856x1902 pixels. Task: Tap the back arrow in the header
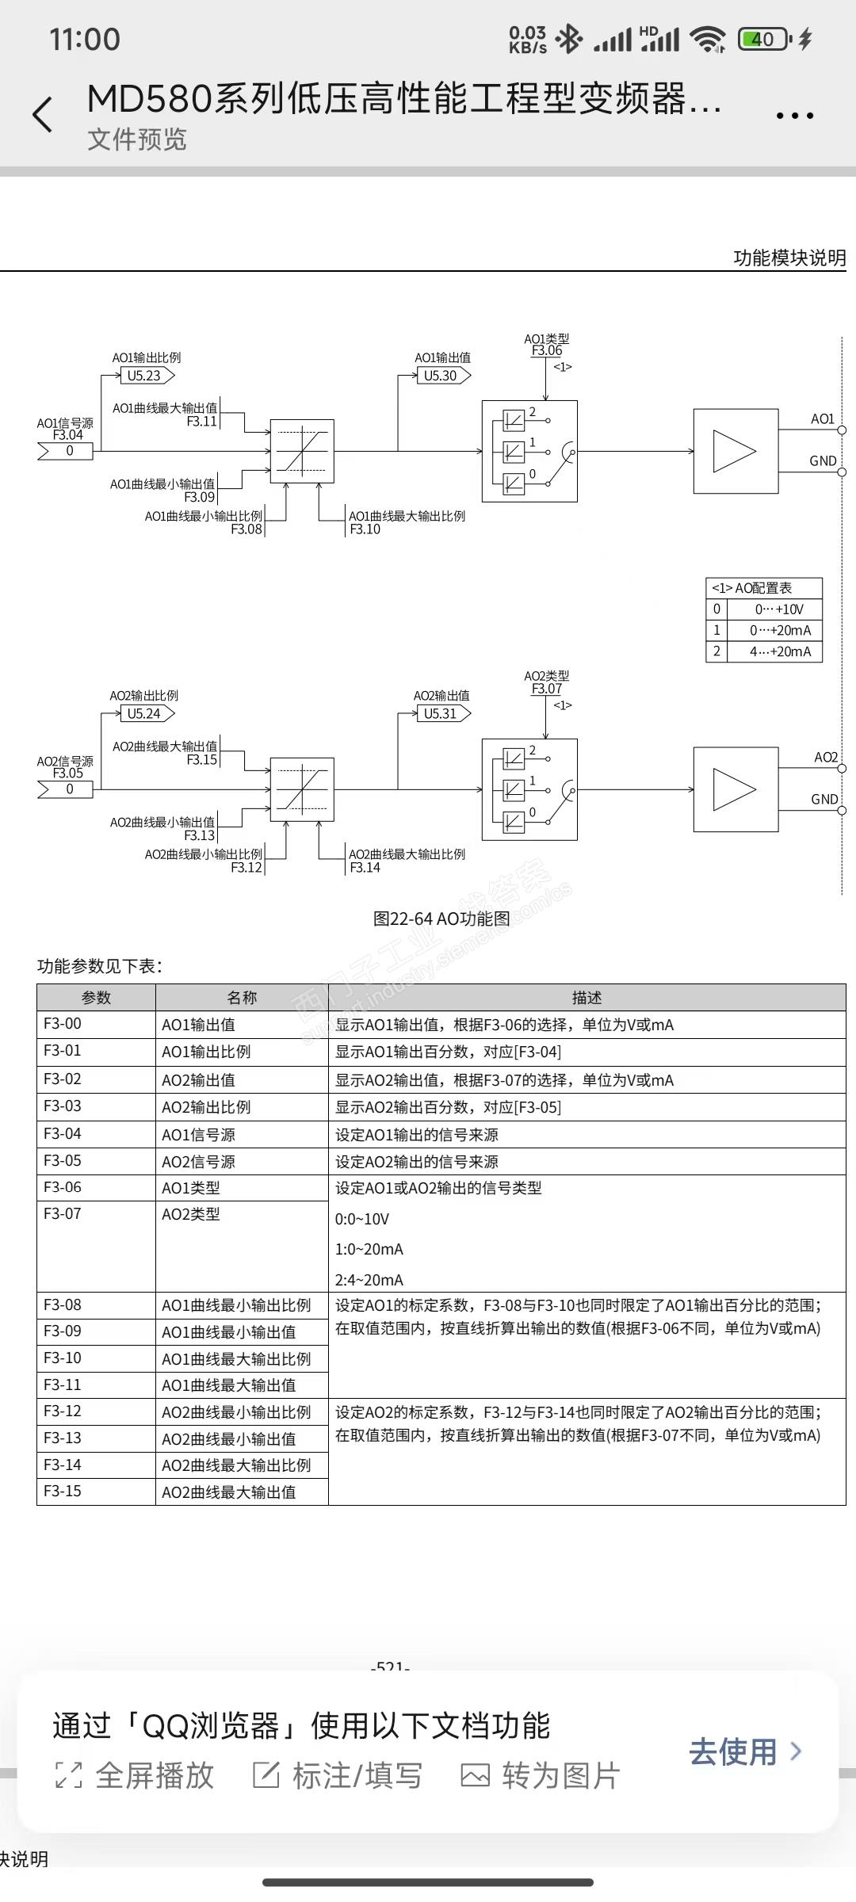[x=43, y=115]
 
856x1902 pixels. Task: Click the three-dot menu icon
[x=794, y=116]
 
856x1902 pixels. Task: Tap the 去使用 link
[x=744, y=1751]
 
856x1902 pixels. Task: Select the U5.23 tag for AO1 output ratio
[x=145, y=376]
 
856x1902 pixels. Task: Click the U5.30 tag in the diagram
[x=441, y=376]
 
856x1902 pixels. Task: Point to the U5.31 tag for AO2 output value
[x=441, y=713]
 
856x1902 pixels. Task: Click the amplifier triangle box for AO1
[x=736, y=451]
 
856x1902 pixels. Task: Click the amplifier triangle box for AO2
[x=736, y=789]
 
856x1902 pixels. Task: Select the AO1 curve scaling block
[x=302, y=451]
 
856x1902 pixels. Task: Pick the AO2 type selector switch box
[x=529, y=789]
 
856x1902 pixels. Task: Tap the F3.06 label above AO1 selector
[x=547, y=350]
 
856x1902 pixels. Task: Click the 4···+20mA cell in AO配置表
[x=780, y=651]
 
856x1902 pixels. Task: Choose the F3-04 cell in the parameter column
[x=96, y=1133]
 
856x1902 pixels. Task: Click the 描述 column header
[x=587, y=998]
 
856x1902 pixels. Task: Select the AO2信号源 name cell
[x=241, y=1161]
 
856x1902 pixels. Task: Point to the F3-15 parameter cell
[x=96, y=1491]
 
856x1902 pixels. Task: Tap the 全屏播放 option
[x=136, y=1776]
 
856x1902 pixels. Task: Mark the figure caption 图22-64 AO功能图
[x=441, y=919]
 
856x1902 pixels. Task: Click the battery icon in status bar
[x=763, y=39]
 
